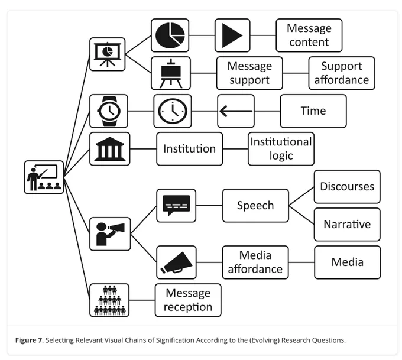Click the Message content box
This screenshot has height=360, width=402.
309,35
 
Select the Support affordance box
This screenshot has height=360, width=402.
342,73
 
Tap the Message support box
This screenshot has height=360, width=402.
249,73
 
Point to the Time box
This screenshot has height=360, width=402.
313,111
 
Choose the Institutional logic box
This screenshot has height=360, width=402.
281,149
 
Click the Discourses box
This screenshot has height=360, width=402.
347,187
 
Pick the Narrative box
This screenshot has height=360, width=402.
347,225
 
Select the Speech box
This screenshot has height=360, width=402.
255,206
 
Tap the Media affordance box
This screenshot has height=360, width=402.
255,262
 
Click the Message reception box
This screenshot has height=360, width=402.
188,300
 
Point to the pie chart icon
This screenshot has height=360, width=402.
170,35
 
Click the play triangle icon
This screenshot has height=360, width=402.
232,35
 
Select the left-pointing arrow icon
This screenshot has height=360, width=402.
236,111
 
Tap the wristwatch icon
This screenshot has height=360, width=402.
109,111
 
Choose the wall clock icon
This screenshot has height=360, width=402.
173,111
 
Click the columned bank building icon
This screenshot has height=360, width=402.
110,149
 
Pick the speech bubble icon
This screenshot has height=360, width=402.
176,205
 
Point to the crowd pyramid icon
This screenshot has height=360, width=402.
109,300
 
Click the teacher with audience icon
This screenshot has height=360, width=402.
44,177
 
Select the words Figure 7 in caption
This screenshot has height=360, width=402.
28,340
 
